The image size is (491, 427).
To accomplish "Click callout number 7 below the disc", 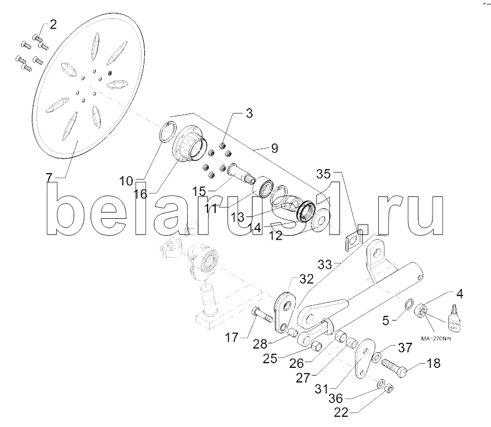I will tap(49, 177).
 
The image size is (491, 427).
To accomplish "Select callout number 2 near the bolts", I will tap(53, 25).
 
